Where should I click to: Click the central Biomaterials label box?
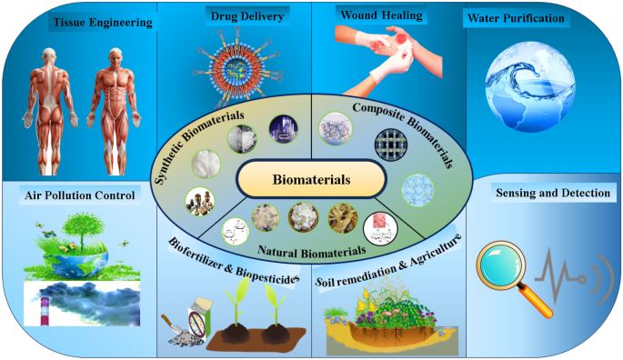pyautogui.click(x=311, y=178)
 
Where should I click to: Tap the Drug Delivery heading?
pyautogui.click(x=236, y=17)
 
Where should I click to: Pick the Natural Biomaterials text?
pyautogui.click(x=315, y=247)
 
